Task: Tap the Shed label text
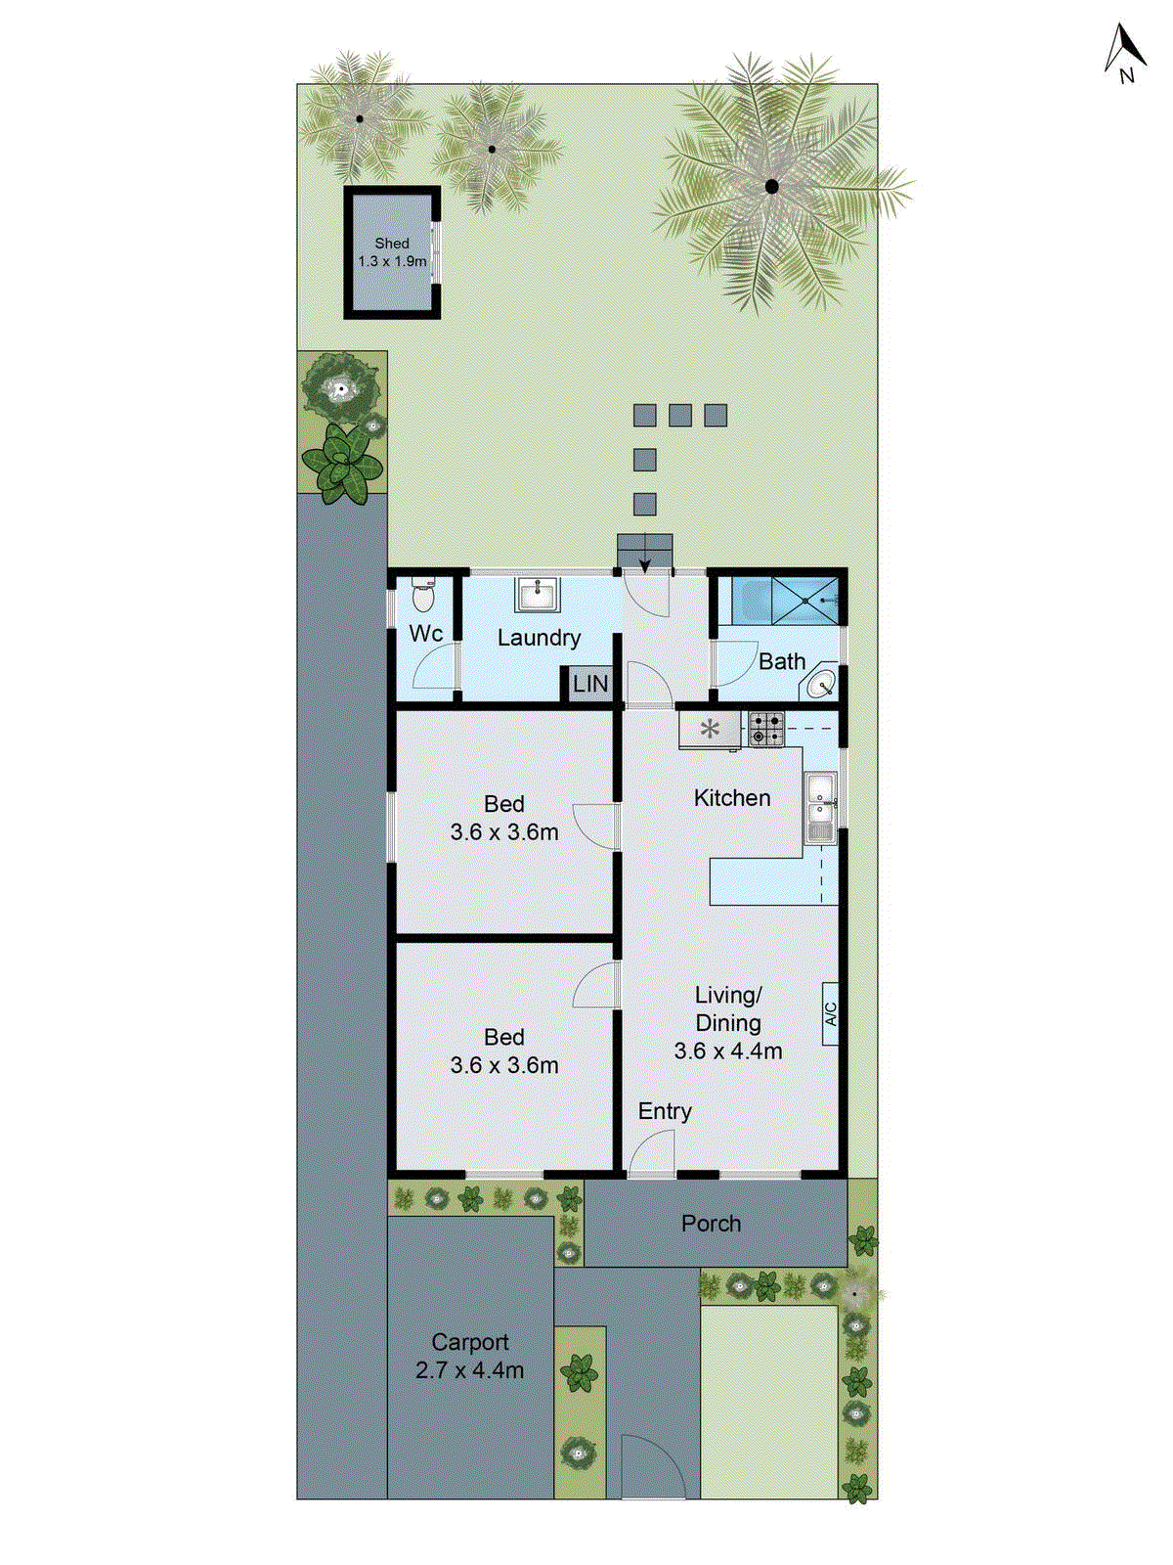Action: click(x=392, y=244)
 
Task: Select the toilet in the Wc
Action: click(x=423, y=595)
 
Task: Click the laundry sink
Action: click(x=537, y=594)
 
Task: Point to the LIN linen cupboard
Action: click(x=590, y=684)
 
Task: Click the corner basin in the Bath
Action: click(x=821, y=683)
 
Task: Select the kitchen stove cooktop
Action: click(x=766, y=729)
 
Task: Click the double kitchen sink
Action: click(x=820, y=808)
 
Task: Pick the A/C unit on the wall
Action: click(x=830, y=1013)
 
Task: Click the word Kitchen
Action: click(x=732, y=798)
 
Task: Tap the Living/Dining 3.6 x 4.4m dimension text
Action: click(x=728, y=1051)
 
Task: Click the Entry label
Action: click(x=665, y=1111)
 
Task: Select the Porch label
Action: click(x=711, y=1224)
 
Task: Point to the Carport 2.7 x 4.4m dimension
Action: click(x=470, y=1370)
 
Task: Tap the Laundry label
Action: click(x=539, y=638)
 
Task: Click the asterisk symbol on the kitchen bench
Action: click(x=710, y=729)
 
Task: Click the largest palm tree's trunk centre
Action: click(x=771, y=186)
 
